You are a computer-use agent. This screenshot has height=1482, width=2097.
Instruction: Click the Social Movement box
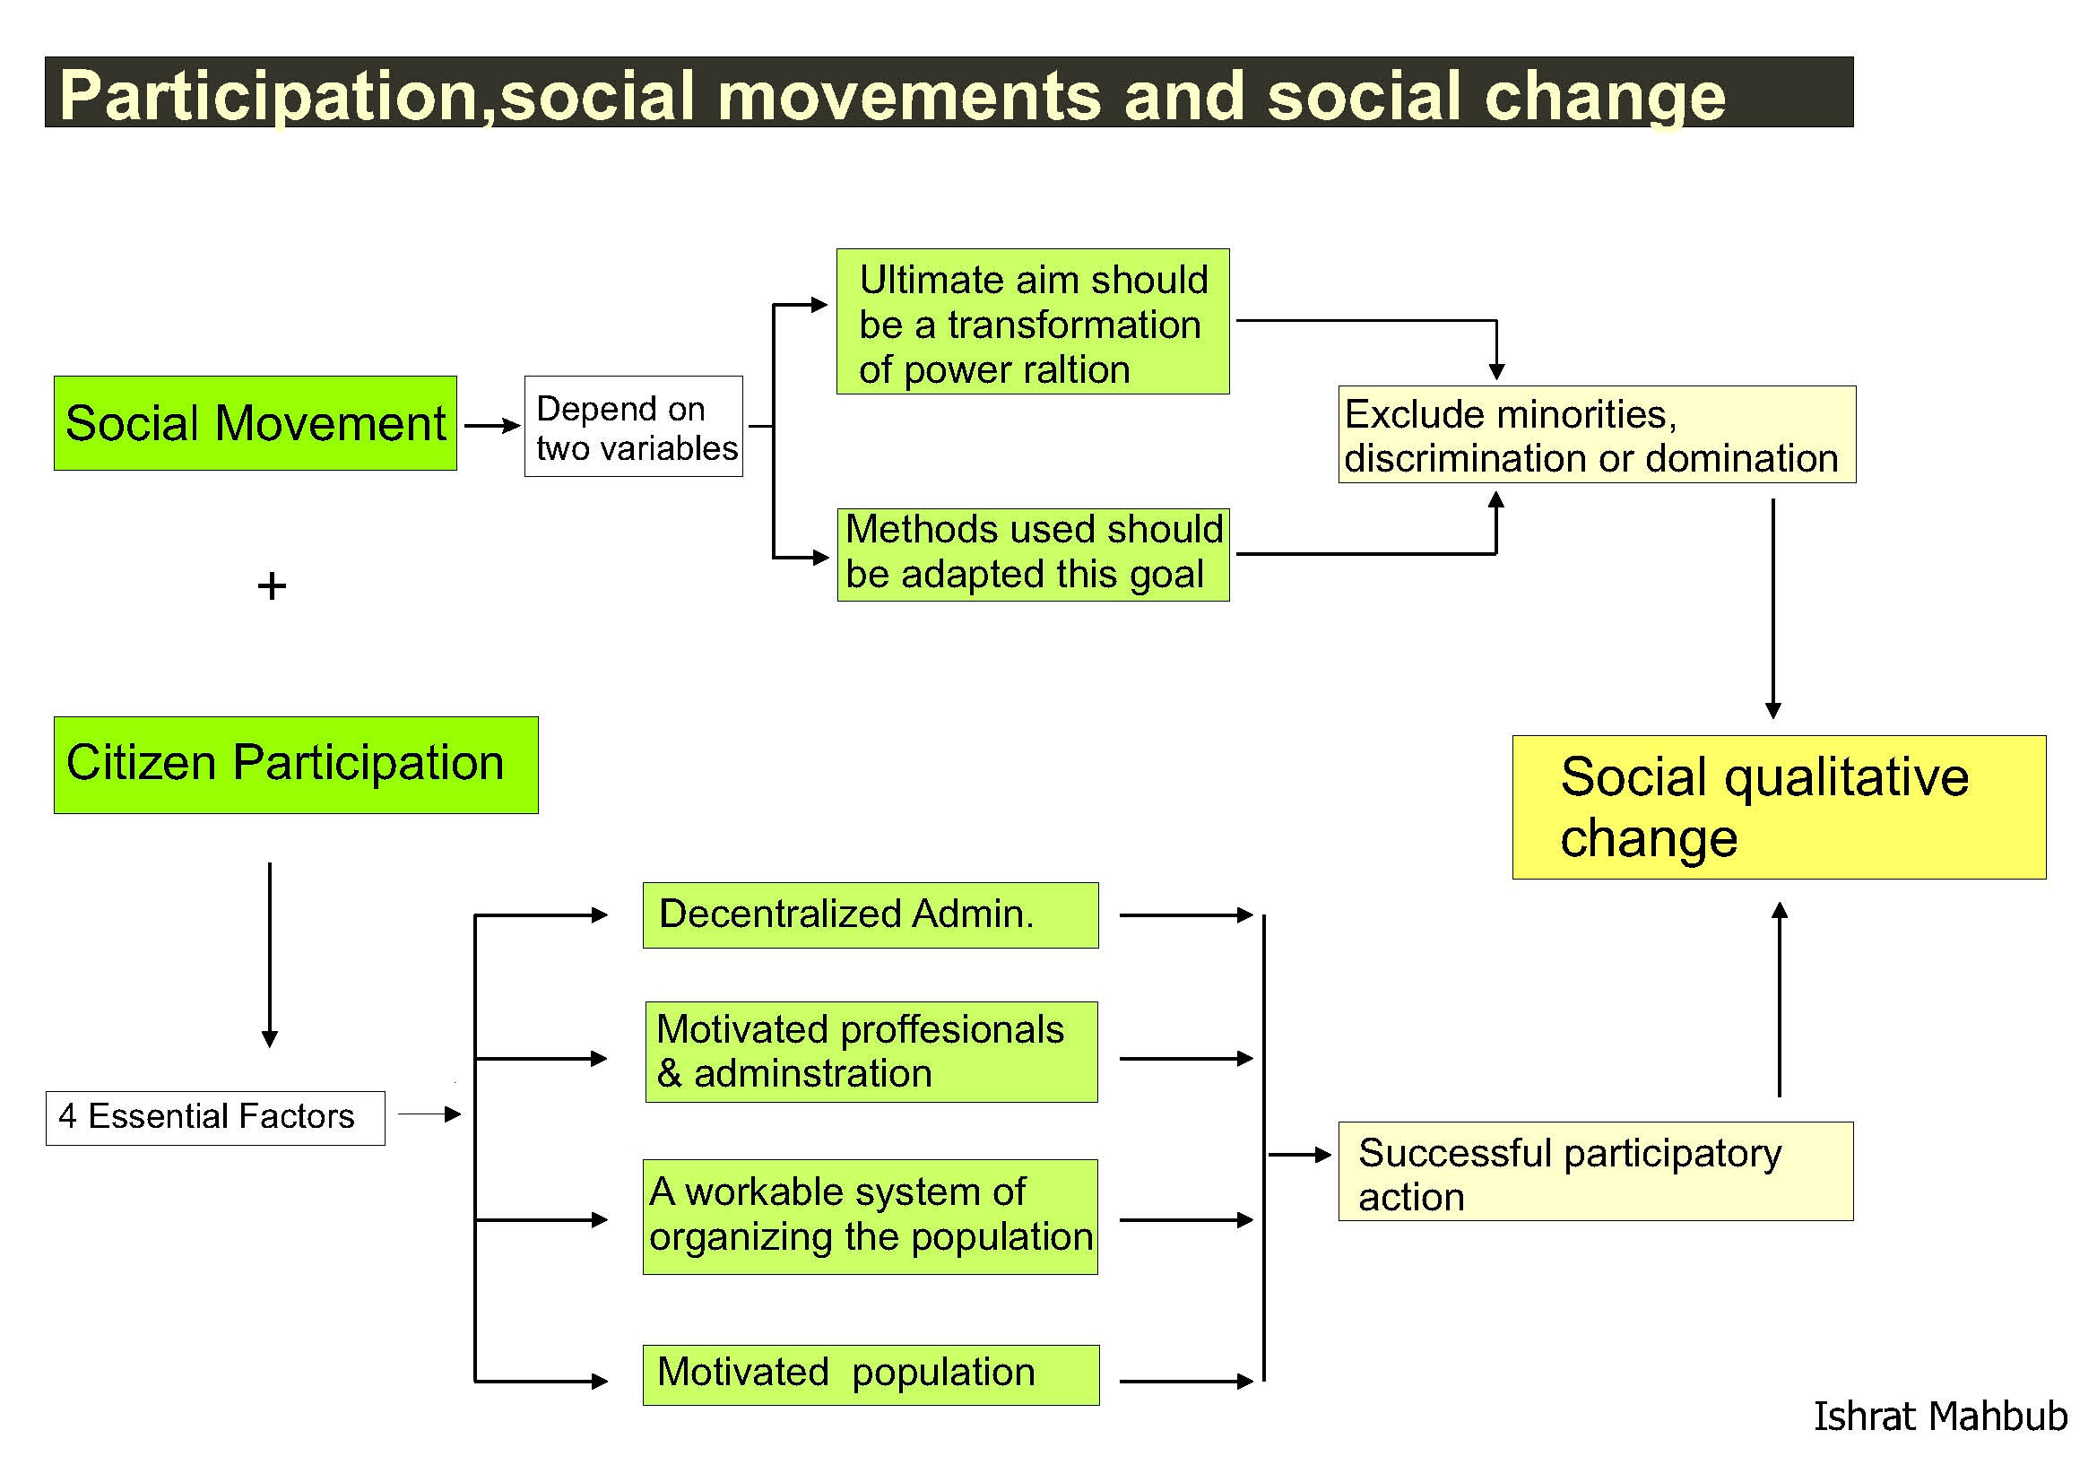point(255,423)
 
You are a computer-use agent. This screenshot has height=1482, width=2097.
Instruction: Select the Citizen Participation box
point(296,764)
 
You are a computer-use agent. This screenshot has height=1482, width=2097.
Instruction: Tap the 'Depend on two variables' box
point(633,427)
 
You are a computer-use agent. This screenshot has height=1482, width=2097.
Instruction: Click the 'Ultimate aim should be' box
point(1033,322)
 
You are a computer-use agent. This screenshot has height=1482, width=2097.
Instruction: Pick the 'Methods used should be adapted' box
point(1033,554)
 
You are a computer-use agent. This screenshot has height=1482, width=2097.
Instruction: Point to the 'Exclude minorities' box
point(1597,435)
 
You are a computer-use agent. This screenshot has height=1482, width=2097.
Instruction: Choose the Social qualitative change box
point(1779,807)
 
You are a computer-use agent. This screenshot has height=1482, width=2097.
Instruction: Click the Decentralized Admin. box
point(871,915)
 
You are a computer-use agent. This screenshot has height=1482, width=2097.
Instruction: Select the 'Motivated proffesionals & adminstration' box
point(871,1052)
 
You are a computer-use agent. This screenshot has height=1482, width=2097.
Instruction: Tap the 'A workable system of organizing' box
point(871,1217)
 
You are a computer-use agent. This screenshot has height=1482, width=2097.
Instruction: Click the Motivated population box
point(871,1374)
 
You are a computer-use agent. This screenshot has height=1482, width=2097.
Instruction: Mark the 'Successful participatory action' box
point(1596,1171)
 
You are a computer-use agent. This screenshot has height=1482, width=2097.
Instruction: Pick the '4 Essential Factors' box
point(215,1118)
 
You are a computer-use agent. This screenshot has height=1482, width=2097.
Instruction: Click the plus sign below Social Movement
point(272,586)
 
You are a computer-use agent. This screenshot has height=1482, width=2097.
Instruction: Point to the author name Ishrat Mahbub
point(1940,1417)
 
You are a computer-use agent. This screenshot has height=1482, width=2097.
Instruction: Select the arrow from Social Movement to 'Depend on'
point(492,426)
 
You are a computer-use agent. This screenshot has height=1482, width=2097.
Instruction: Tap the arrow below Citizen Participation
point(270,955)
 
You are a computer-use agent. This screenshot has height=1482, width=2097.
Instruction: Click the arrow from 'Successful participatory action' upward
point(1779,999)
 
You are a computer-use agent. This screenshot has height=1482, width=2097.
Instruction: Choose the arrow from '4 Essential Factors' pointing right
point(429,1114)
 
